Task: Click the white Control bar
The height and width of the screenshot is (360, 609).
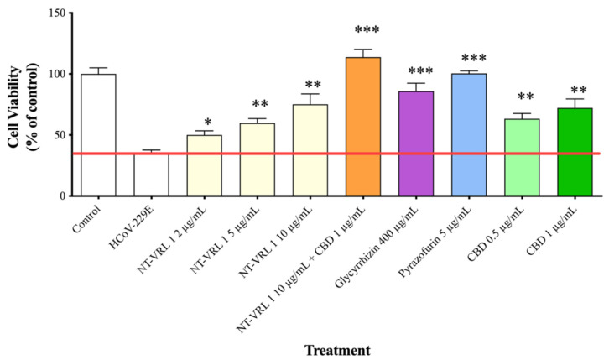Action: (98, 134)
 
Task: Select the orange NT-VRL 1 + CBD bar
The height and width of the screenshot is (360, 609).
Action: (362, 126)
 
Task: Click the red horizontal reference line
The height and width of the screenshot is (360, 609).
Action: (336, 154)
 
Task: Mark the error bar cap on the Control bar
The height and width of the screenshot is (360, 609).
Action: (98, 68)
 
